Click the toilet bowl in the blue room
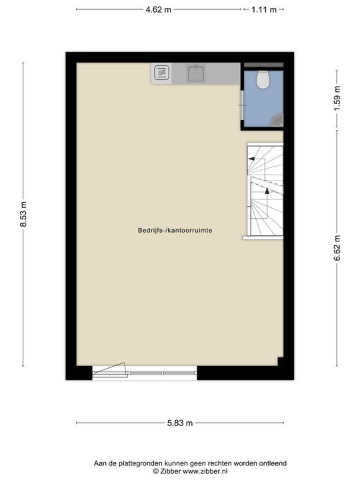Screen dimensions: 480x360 [263, 80]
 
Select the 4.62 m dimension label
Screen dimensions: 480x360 [158, 9]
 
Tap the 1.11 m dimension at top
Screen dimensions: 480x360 [264, 9]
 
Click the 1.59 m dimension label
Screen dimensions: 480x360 [337, 98]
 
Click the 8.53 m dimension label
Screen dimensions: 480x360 [23, 215]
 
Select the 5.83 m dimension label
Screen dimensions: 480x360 [180, 423]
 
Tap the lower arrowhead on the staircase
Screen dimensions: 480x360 [267, 191]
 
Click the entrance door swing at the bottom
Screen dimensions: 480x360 [111, 369]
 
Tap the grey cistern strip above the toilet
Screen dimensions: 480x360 [263, 65]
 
